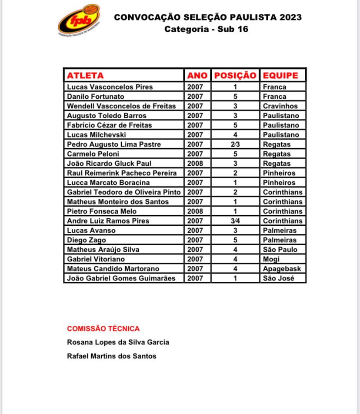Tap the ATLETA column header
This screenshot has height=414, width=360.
click(85, 75)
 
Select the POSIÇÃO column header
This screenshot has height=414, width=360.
click(235, 75)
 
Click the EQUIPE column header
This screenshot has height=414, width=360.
click(280, 75)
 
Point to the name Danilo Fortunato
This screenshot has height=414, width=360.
click(96, 97)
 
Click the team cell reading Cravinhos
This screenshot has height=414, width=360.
click(280, 106)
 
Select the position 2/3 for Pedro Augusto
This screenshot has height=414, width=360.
click(235, 144)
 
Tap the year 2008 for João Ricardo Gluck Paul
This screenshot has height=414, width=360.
click(195, 164)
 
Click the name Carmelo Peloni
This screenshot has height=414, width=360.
click(93, 154)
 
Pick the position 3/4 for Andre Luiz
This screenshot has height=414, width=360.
click(235, 221)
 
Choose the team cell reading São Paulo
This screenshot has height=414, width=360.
click(280, 250)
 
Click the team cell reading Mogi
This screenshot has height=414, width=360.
click(271, 259)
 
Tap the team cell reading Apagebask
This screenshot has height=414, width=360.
click(282, 269)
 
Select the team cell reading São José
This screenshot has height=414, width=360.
click(279, 278)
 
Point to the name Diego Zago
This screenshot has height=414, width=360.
click(87, 240)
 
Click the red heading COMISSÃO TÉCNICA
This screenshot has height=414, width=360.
click(103, 329)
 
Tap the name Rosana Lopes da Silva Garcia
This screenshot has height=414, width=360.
click(118, 342)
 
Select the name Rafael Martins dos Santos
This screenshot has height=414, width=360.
click(112, 356)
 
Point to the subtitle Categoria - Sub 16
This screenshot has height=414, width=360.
click(207, 30)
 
